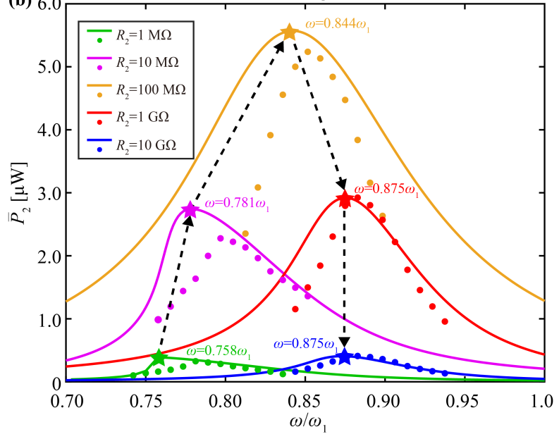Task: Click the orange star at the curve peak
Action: tap(289, 32)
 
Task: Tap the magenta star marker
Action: tap(190, 210)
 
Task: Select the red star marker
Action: tap(344, 199)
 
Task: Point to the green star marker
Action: tap(159, 357)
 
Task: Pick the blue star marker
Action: tap(344, 357)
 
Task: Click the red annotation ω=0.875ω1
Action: tap(386, 190)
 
